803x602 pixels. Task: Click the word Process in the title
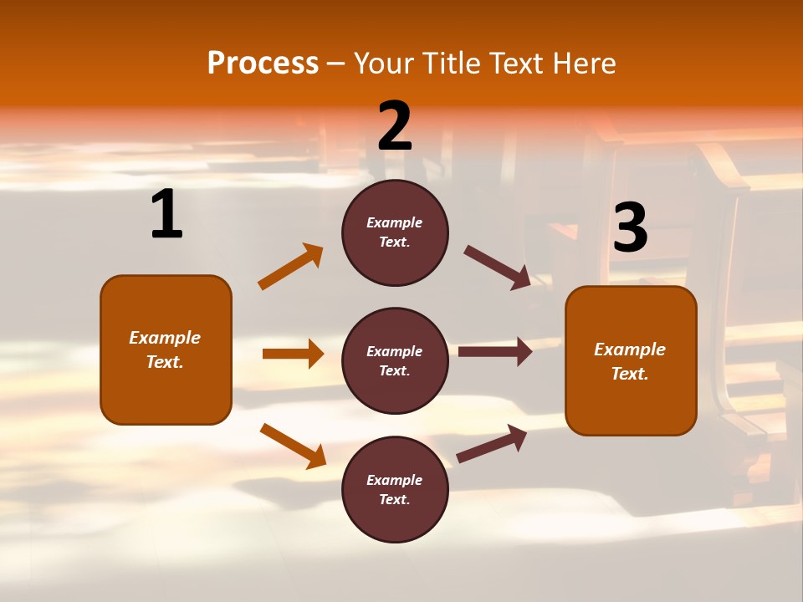263,64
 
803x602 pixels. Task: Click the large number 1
166,215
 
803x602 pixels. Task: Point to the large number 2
395,126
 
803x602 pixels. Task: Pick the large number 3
630,228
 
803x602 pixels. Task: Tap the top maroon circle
395,232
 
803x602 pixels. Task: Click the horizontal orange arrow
293,354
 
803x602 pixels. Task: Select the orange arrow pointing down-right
294,446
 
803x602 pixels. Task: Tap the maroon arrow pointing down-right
498,268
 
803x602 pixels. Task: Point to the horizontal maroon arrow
495,352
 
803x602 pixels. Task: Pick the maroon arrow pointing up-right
492,443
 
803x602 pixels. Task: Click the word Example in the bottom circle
395,480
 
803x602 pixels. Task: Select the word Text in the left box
164,362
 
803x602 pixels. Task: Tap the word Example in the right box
630,349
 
